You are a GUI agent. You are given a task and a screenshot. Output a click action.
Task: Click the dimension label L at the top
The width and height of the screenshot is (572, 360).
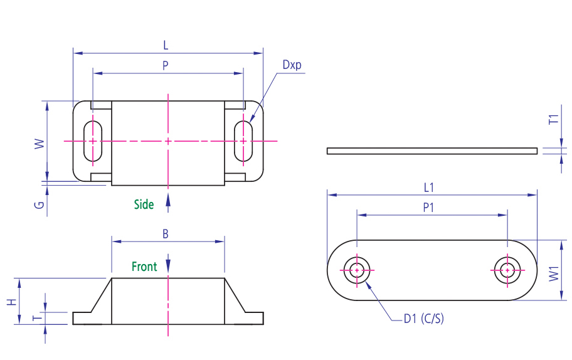[166, 45]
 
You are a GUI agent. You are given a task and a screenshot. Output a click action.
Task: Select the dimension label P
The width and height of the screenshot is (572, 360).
[166, 65]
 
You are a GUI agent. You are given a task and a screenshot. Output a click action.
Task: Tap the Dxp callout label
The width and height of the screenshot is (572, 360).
[292, 65]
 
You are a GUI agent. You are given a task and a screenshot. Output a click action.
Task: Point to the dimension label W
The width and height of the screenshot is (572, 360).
[39, 144]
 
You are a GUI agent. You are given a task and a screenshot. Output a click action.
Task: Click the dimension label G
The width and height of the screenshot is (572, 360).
[39, 204]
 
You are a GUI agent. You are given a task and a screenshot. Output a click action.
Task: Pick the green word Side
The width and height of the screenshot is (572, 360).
[144, 204]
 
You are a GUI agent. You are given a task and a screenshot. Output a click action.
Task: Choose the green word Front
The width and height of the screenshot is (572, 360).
[144, 267]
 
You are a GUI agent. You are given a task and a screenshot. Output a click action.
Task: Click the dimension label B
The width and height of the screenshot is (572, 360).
[166, 234]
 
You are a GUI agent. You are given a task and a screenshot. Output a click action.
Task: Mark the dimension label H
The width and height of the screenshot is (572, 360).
[11, 301]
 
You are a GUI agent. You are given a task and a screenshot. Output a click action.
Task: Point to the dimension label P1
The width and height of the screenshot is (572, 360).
[429, 208]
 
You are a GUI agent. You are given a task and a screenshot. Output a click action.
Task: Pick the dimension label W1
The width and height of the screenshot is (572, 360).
[553, 274]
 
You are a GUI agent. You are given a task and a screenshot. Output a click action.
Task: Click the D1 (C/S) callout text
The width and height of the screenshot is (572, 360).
[423, 319]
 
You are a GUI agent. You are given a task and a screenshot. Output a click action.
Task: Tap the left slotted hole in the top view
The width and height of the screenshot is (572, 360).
[93, 141]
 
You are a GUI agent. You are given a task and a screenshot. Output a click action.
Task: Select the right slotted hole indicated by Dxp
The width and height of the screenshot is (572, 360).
[243, 141]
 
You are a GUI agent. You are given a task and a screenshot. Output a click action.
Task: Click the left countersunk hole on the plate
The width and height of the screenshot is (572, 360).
[357, 270]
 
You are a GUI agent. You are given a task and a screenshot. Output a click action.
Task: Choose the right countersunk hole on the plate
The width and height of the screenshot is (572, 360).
[506, 270]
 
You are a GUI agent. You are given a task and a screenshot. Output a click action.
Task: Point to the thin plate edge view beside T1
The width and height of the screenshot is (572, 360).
[432, 151]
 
